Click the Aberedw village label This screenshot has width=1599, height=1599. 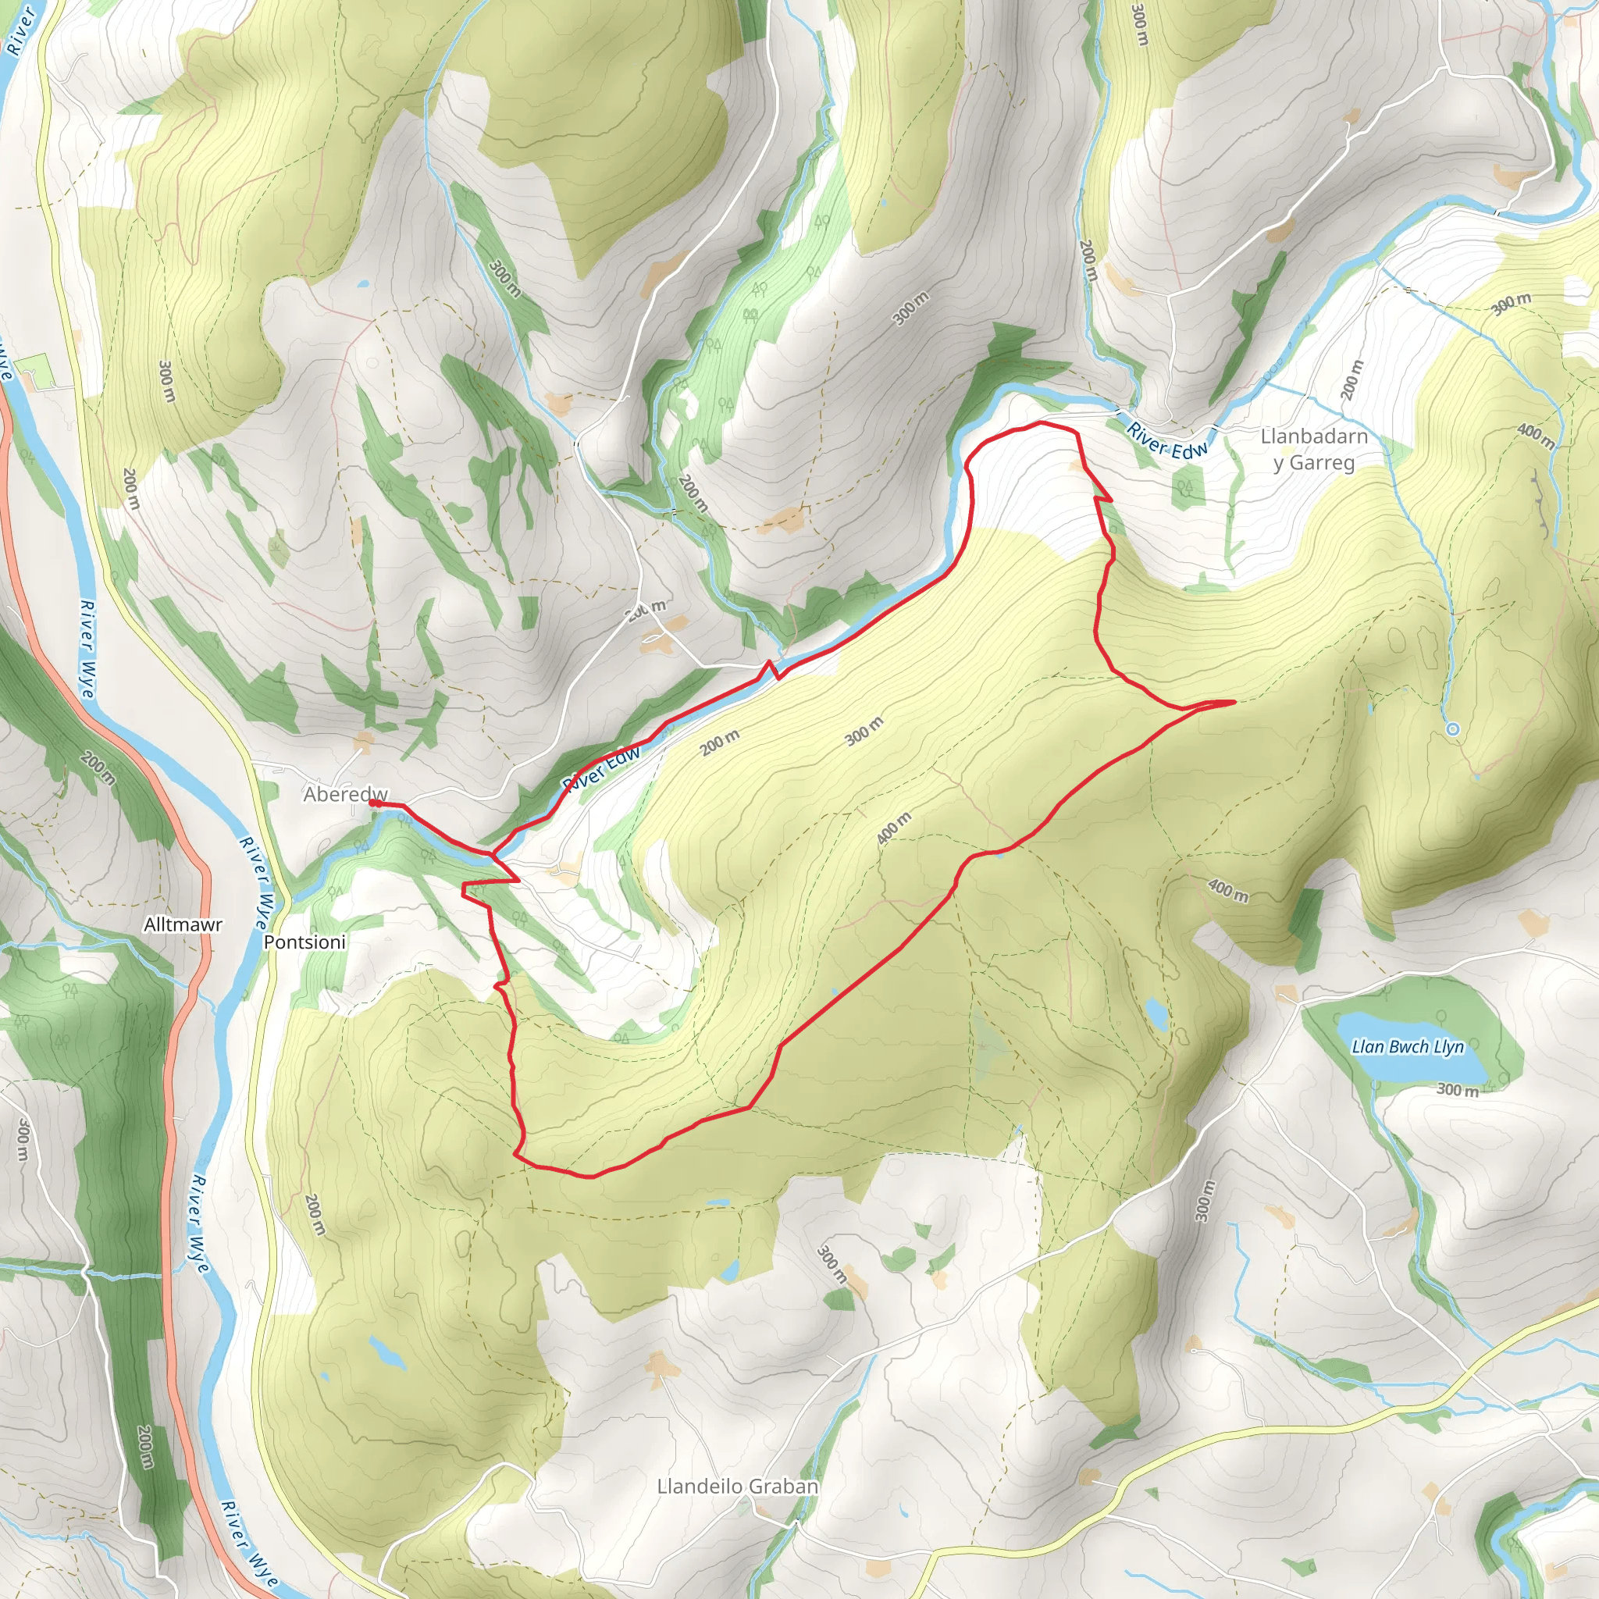point(344,795)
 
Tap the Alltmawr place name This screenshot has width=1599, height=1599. point(183,924)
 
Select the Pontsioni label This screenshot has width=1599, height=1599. point(304,942)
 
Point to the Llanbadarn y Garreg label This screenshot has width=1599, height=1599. point(1313,450)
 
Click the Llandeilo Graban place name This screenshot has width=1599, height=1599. point(737,1486)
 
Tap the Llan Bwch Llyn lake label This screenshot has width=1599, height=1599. point(1408,1047)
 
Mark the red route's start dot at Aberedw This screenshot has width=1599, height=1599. point(373,803)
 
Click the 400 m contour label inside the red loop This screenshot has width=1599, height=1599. point(894,828)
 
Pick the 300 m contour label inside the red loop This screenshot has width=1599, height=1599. point(864,732)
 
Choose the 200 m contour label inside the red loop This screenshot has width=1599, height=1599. point(720,743)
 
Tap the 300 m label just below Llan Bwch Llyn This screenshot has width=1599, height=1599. point(1458,1090)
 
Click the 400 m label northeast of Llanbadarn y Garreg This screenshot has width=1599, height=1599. point(1535,436)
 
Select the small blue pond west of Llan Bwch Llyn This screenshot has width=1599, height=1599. point(1156,1011)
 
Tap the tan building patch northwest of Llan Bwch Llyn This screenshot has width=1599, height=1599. point(1284,992)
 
